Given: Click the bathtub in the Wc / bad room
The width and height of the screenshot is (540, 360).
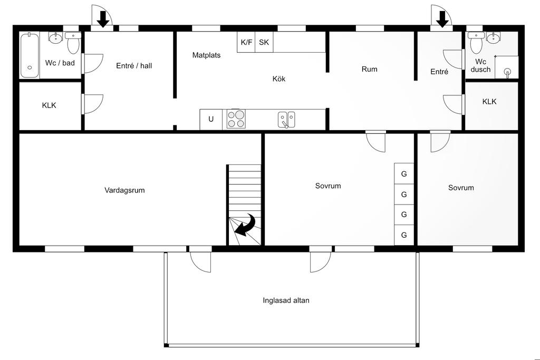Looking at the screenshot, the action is click(x=30, y=55).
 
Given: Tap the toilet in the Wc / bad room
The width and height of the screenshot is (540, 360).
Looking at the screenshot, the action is click(x=73, y=43).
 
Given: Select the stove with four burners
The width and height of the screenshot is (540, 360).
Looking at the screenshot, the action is click(x=236, y=119).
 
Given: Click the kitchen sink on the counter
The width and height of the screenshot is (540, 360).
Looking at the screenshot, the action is click(x=286, y=120).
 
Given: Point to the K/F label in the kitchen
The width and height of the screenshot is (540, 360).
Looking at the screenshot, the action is click(x=246, y=42).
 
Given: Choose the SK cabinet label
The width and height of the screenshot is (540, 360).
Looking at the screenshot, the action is click(x=264, y=42).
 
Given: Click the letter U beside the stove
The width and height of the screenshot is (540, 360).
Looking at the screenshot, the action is click(x=211, y=119).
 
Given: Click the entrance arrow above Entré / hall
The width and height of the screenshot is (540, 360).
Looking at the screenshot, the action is click(x=103, y=19).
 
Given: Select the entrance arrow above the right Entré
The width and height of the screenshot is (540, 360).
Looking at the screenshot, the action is click(x=442, y=19).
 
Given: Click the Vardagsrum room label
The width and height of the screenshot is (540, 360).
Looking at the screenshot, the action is click(x=124, y=190).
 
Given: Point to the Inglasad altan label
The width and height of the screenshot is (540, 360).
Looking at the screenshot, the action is click(x=286, y=300).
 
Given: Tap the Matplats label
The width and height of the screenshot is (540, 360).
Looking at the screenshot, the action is click(x=206, y=55).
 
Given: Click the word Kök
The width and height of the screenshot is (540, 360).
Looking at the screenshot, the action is click(x=278, y=79).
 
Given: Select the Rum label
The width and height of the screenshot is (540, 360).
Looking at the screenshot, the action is click(x=369, y=69).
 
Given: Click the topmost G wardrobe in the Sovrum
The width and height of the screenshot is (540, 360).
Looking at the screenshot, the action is click(x=404, y=174).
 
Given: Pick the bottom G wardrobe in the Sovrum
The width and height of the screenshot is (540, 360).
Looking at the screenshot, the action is click(x=404, y=235).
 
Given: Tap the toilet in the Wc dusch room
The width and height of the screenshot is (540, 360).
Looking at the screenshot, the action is click(x=476, y=43).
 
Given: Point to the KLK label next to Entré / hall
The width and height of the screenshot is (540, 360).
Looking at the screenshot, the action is click(x=49, y=105).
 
